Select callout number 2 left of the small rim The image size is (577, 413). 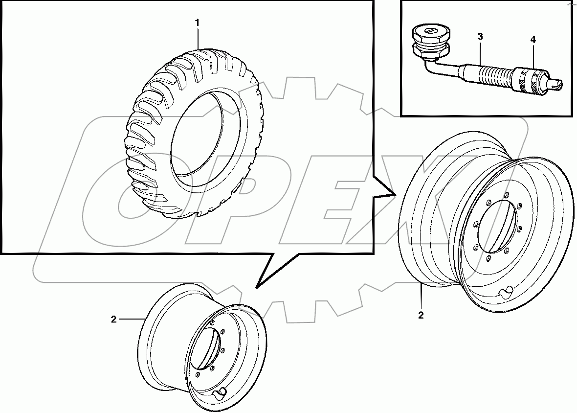(113, 320)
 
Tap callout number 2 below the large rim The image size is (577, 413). (421, 315)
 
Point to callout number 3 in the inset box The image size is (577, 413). (480, 37)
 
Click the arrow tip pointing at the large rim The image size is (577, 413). (394, 195)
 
